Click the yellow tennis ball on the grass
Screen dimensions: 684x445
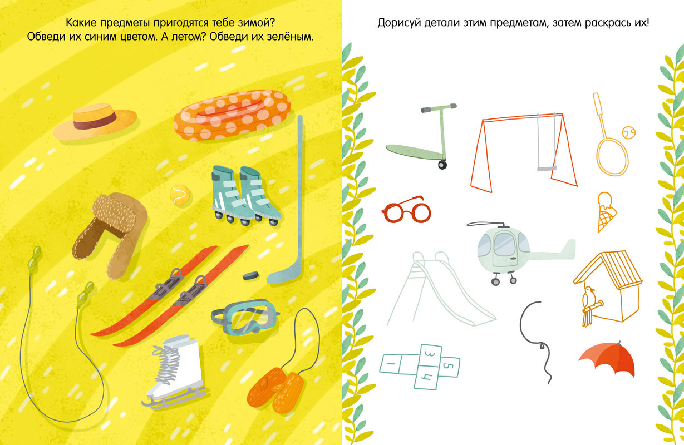click(180, 195)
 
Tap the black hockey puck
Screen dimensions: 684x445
click(250, 275)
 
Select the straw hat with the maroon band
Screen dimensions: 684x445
click(95, 121)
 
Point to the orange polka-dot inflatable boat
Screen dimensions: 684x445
click(232, 115)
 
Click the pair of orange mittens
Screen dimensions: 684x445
click(275, 389)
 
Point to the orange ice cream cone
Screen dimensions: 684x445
click(606, 211)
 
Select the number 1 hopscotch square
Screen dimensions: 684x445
click(391, 363)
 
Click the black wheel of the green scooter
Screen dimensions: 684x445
click(442, 165)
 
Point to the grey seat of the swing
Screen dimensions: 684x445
click(547, 168)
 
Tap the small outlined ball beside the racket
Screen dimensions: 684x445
click(629, 133)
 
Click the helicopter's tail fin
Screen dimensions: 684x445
click(569, 246)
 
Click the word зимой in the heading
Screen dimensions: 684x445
click(255, 23)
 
